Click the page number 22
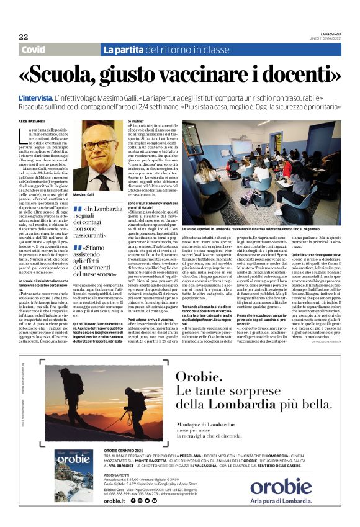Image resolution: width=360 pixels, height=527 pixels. [23, 37]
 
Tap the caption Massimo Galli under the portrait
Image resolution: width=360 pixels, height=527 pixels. [83, 194]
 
